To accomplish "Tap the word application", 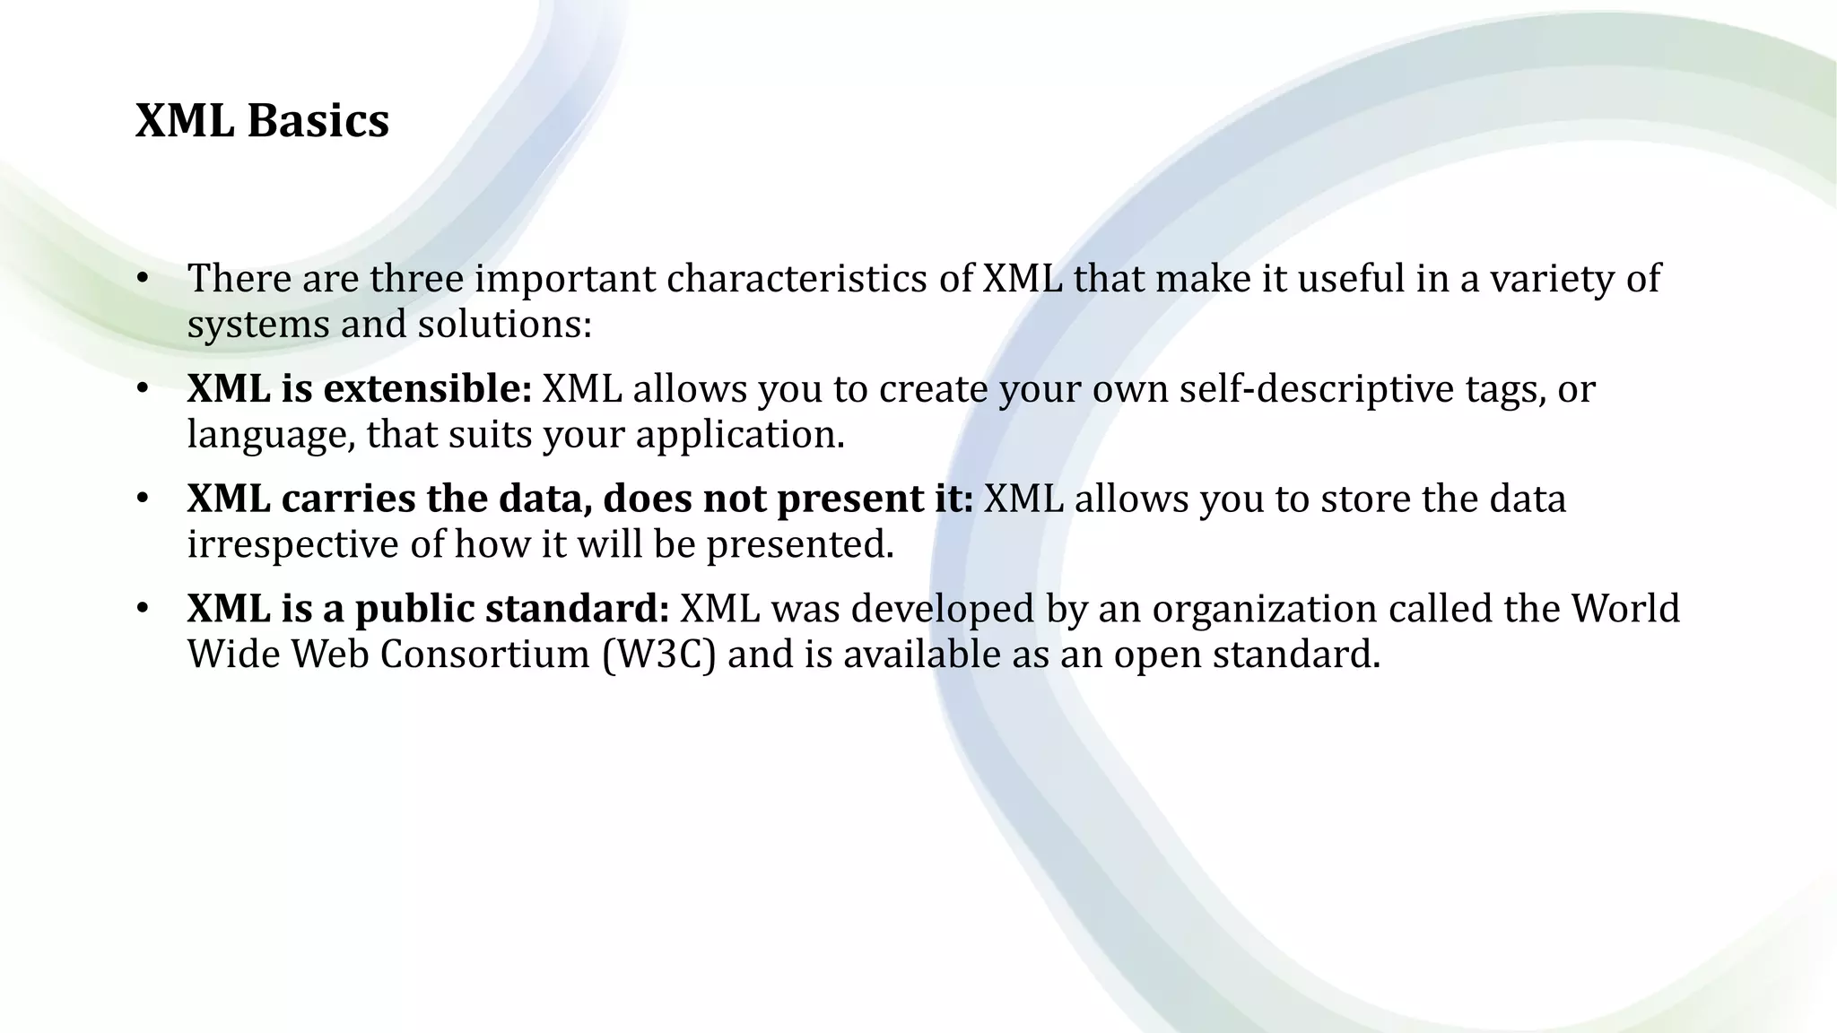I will click(740, 435).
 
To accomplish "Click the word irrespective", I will click(292, 544).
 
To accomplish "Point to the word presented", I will click(800, 544).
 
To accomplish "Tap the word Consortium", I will click(484, 655).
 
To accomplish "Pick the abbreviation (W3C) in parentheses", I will click(659, 655).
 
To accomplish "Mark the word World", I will click(1624, 609).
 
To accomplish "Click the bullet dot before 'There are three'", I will click(142, 279).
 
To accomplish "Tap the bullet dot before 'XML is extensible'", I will click(142, 389).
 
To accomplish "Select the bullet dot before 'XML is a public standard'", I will click(142, 609).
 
